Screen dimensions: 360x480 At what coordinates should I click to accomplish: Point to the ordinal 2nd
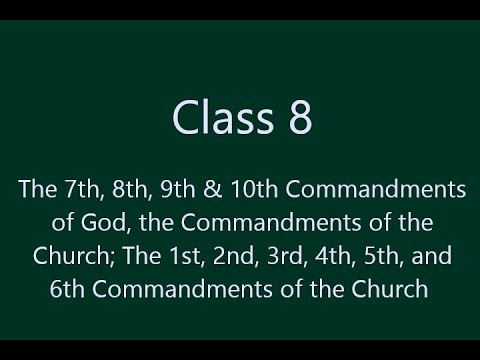pos(200,256)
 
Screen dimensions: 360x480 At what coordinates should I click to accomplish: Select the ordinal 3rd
pos(249,256)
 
